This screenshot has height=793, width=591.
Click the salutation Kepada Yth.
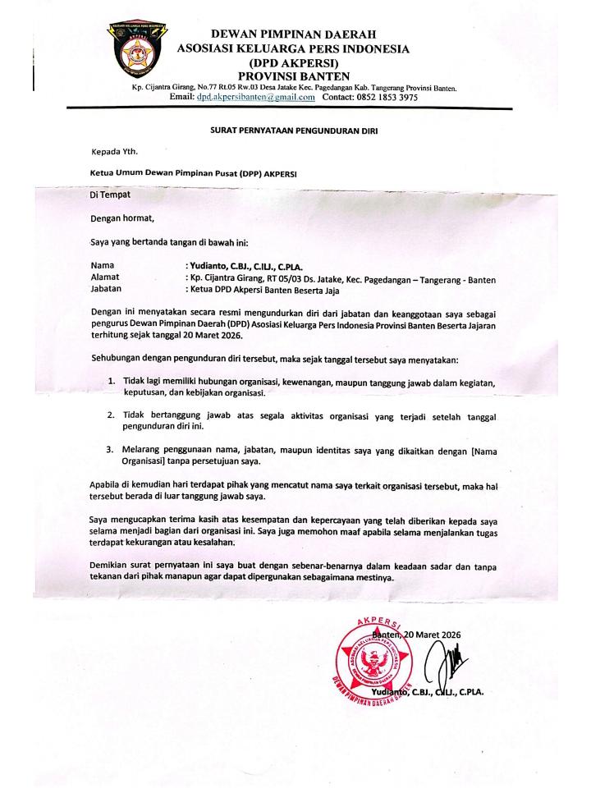pos(115,151)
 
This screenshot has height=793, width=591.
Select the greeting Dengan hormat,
pos(122,219)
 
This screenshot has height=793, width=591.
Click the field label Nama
pos(103,266)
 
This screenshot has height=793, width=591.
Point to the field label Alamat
pos(105,278)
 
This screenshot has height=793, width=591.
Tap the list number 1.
pos(112,383)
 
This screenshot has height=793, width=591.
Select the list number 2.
pos(112,417)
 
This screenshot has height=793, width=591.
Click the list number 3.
pos(112,450)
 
